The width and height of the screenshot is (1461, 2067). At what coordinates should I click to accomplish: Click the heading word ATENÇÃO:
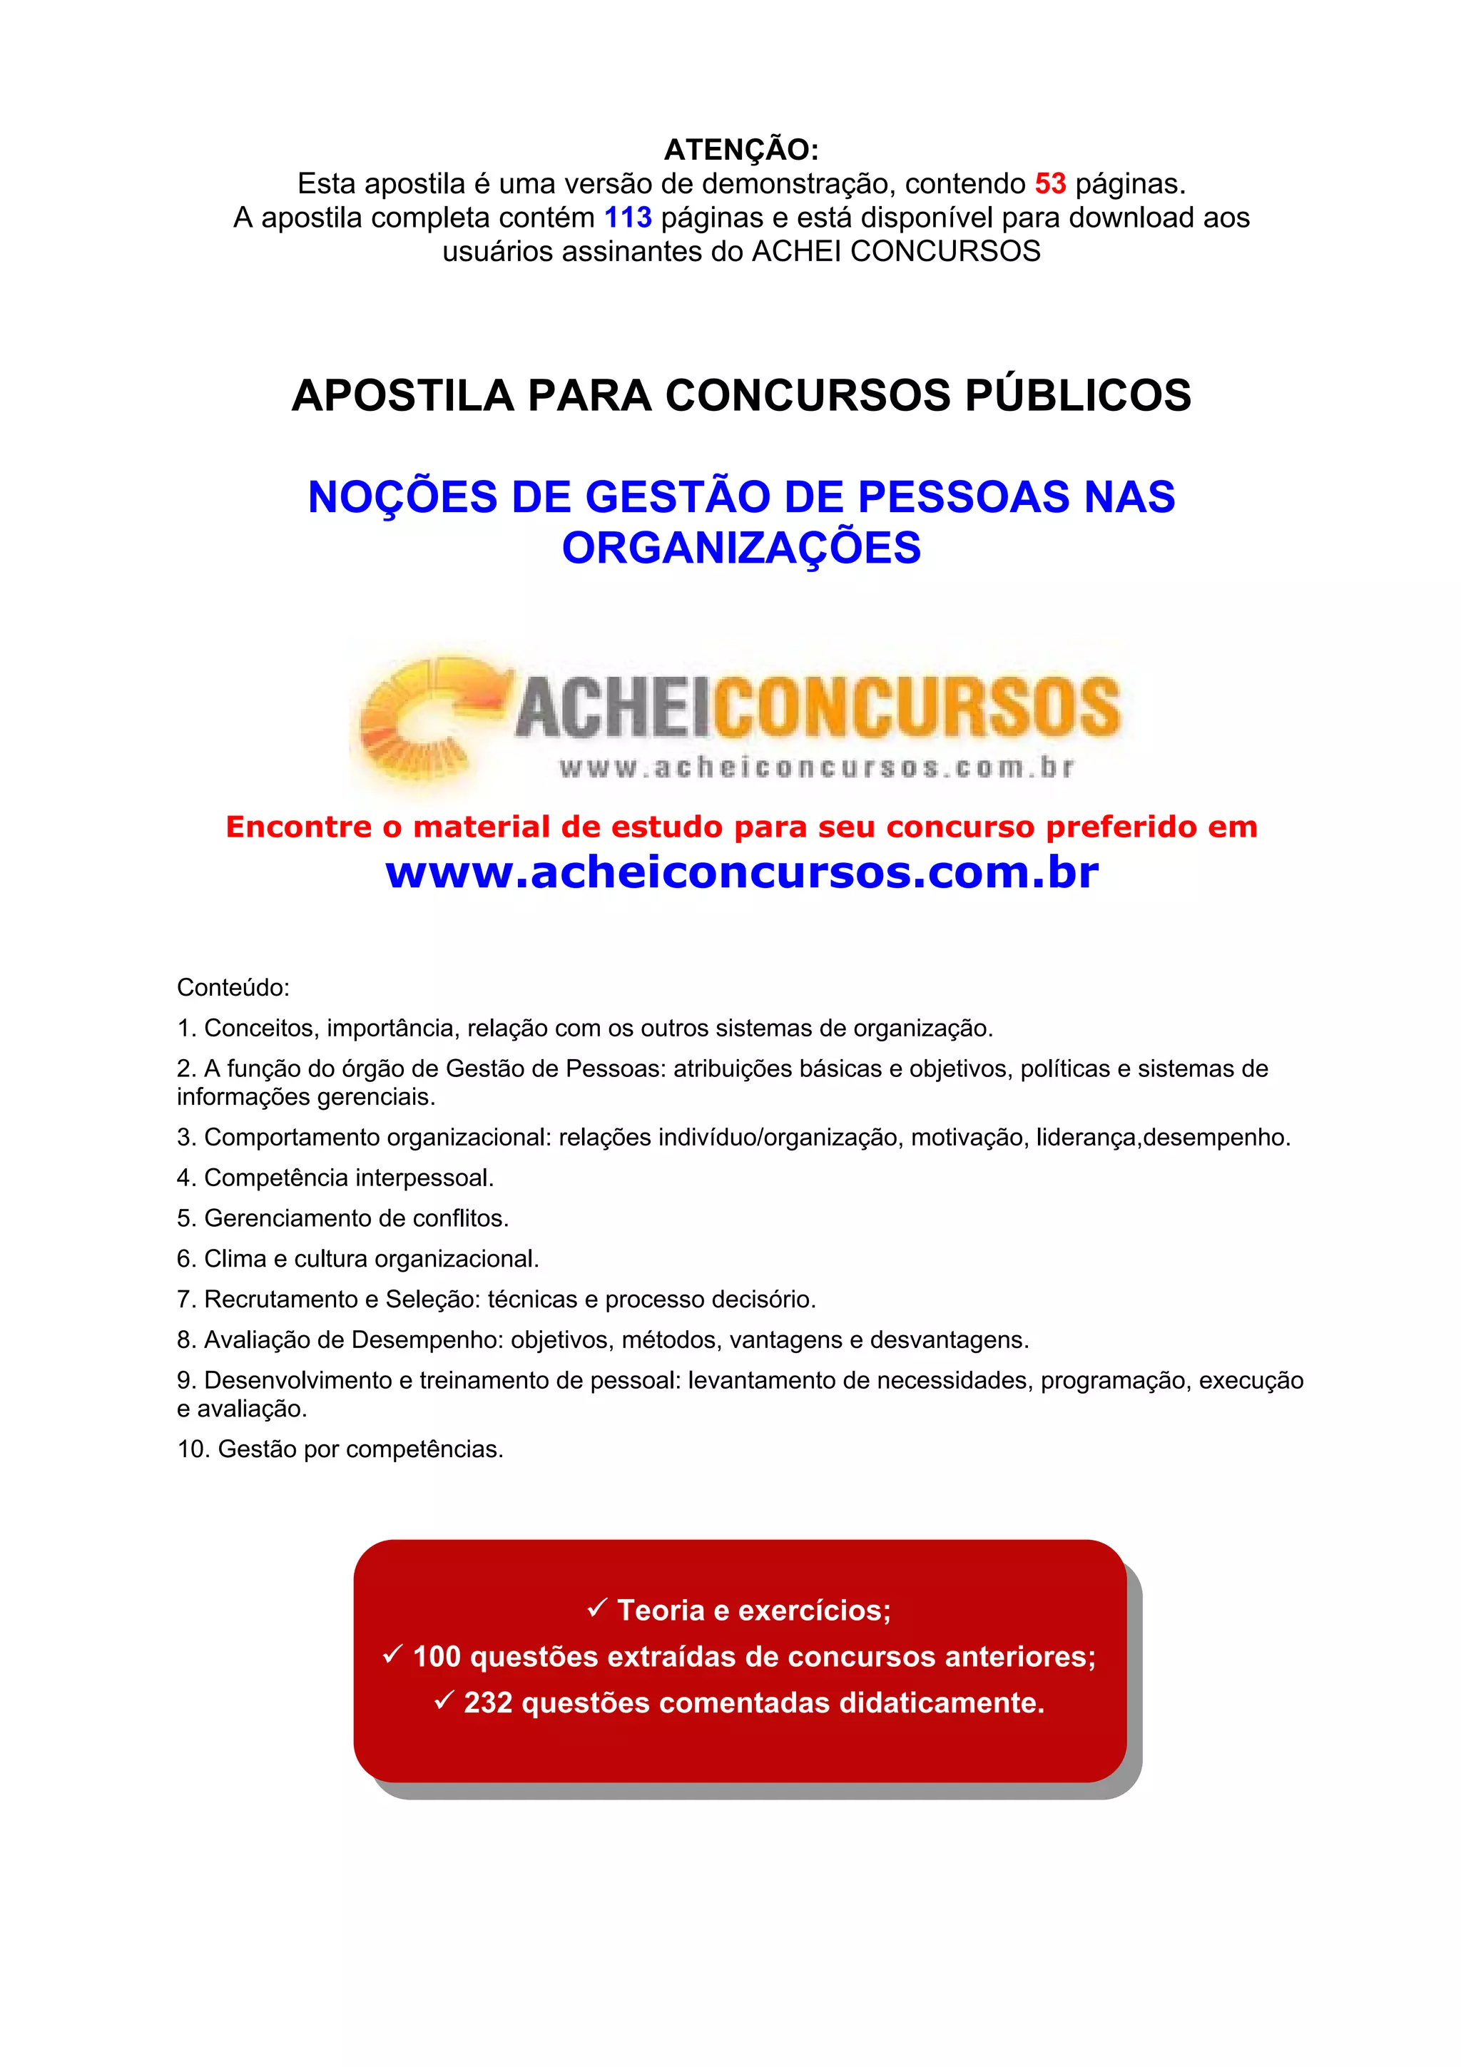point(741,150)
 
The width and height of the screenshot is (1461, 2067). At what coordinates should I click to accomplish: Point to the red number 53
point(1049,183)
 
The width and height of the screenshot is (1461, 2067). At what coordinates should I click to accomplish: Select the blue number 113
point(628,218)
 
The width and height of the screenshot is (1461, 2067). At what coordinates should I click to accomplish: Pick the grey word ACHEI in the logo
point(614,708)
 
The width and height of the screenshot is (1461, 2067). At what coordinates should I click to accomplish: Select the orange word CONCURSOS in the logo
point(918,708)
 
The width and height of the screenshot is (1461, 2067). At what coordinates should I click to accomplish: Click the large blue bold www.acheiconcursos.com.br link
point(741,872)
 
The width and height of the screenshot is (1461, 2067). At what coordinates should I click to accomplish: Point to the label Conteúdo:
point(233,988)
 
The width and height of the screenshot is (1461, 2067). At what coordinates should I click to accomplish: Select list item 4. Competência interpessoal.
point(335,1178)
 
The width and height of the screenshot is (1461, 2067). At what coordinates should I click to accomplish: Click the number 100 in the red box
point(437,1656)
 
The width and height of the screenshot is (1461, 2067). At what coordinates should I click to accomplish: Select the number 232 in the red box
point(488,1703)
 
